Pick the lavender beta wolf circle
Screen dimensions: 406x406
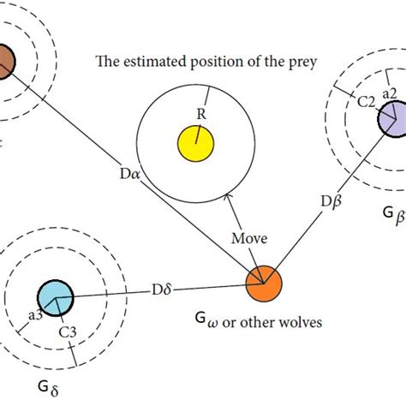(393, 118)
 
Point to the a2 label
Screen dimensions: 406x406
(388, 93)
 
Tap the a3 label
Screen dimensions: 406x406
(36, 315)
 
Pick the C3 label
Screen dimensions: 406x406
(65, 331)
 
